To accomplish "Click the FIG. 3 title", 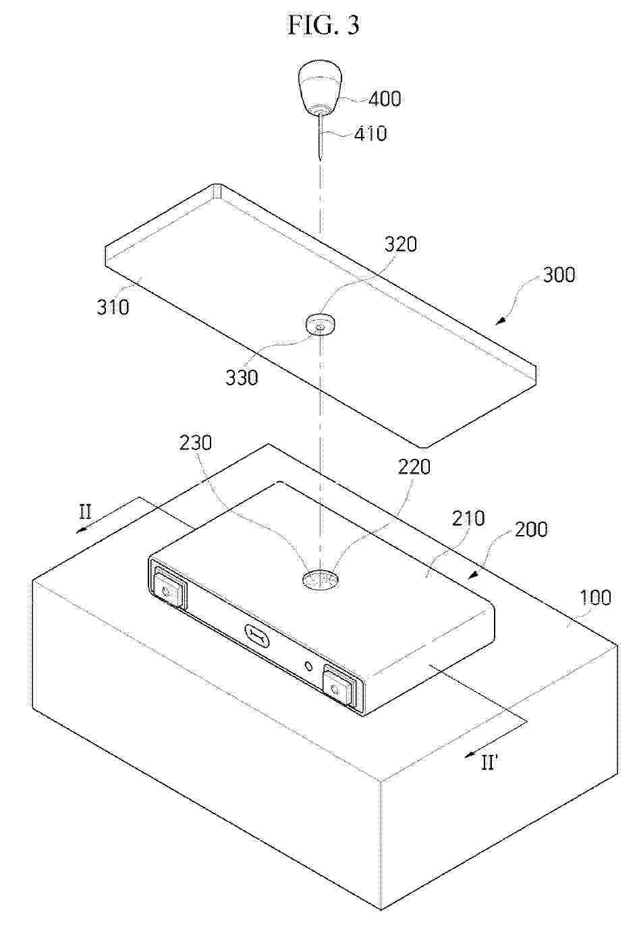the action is click(323, 25).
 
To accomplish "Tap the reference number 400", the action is click(384, 99).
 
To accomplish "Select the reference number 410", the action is click(371, 134).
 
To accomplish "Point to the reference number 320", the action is click(400, 244).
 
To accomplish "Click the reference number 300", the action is click(559, 275).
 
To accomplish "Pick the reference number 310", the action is click(113, 307).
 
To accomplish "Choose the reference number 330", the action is click(242, 377).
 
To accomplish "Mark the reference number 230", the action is click(196, 443).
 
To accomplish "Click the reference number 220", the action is click(414, 467).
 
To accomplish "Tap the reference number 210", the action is click(468, 518).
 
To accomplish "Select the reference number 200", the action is click(532, 529).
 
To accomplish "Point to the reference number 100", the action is click(595, 597).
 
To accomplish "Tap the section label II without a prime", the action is click(85, 513).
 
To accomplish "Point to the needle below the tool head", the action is click(320, 137).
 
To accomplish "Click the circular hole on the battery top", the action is click(320, 580).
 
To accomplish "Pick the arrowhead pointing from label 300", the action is click(501, 321).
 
